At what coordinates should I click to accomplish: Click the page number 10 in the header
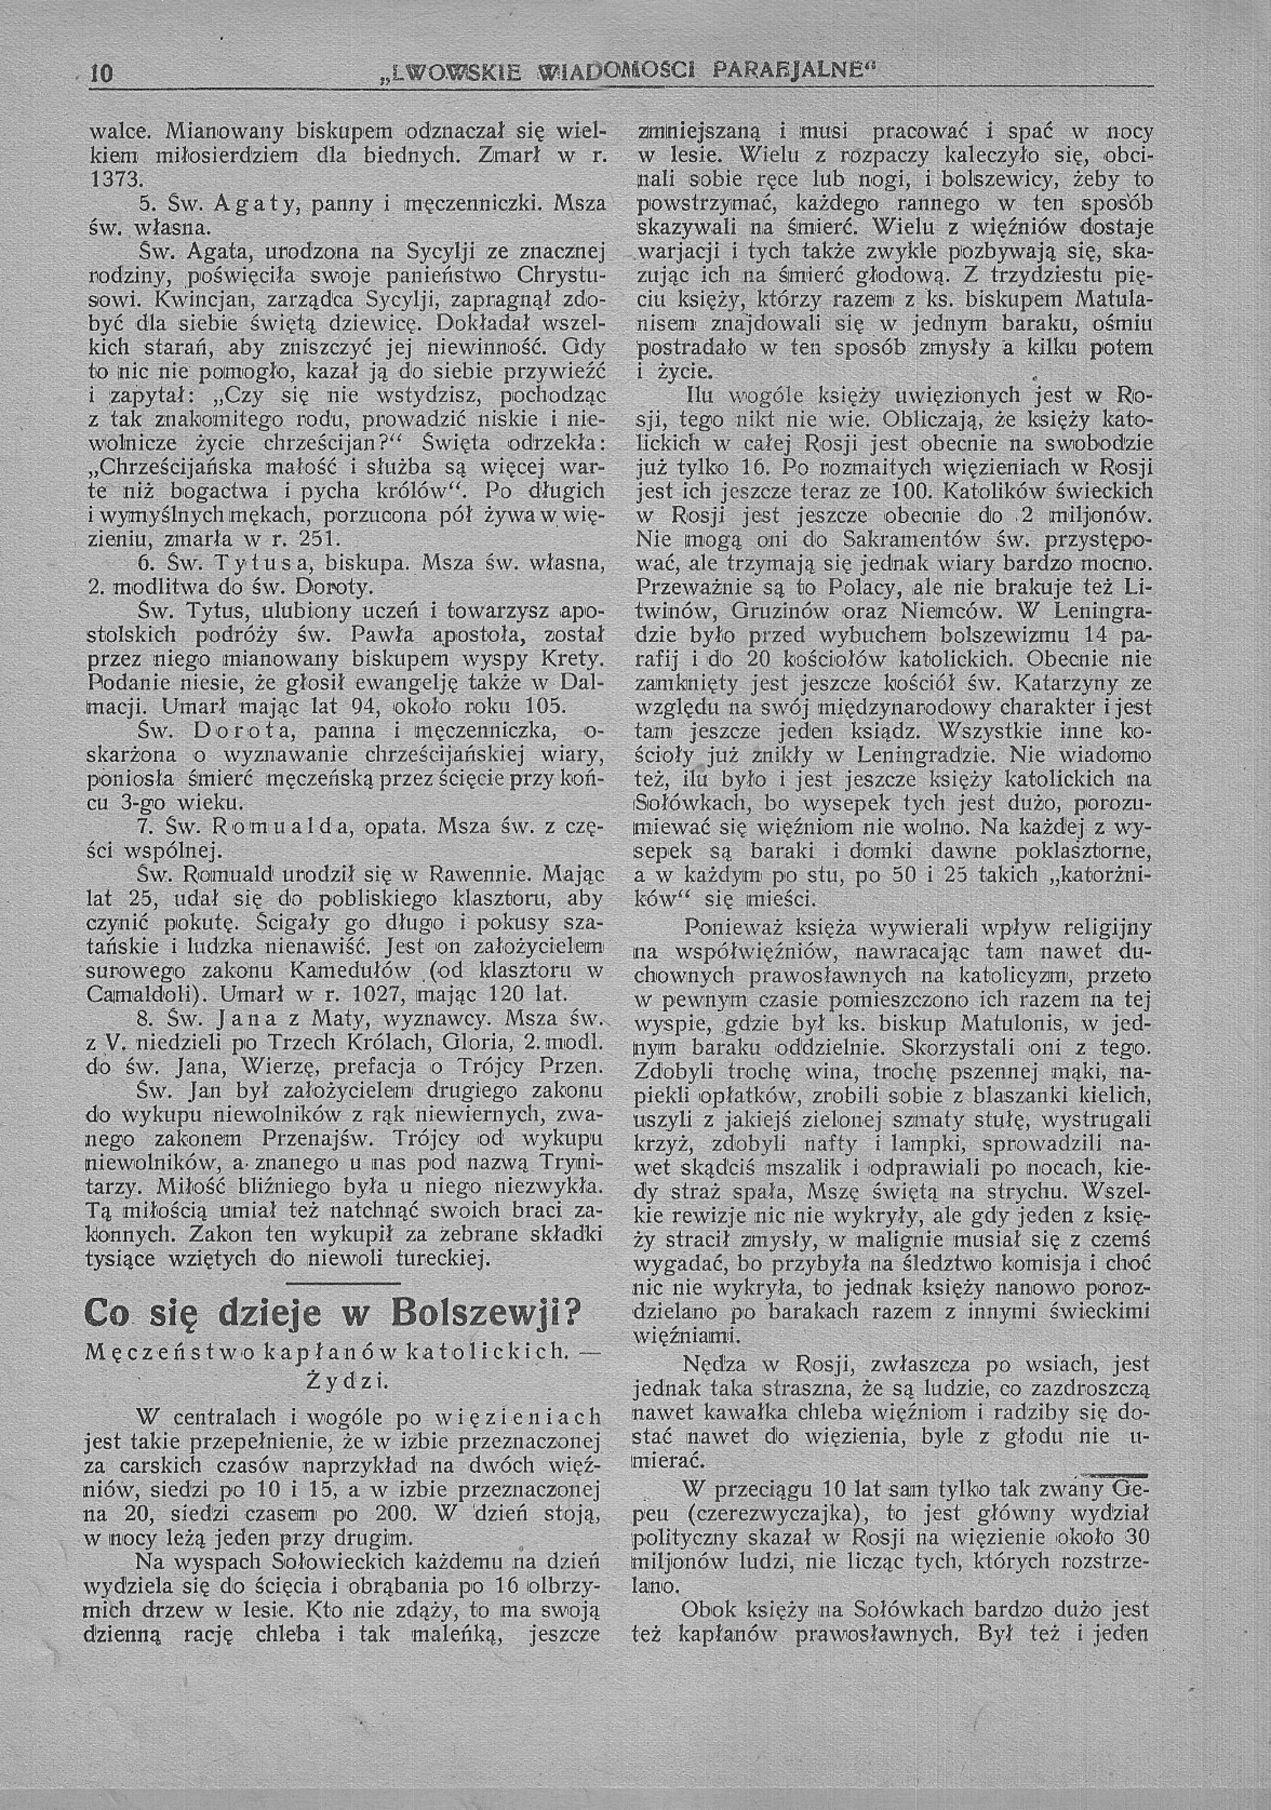point(102,74)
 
